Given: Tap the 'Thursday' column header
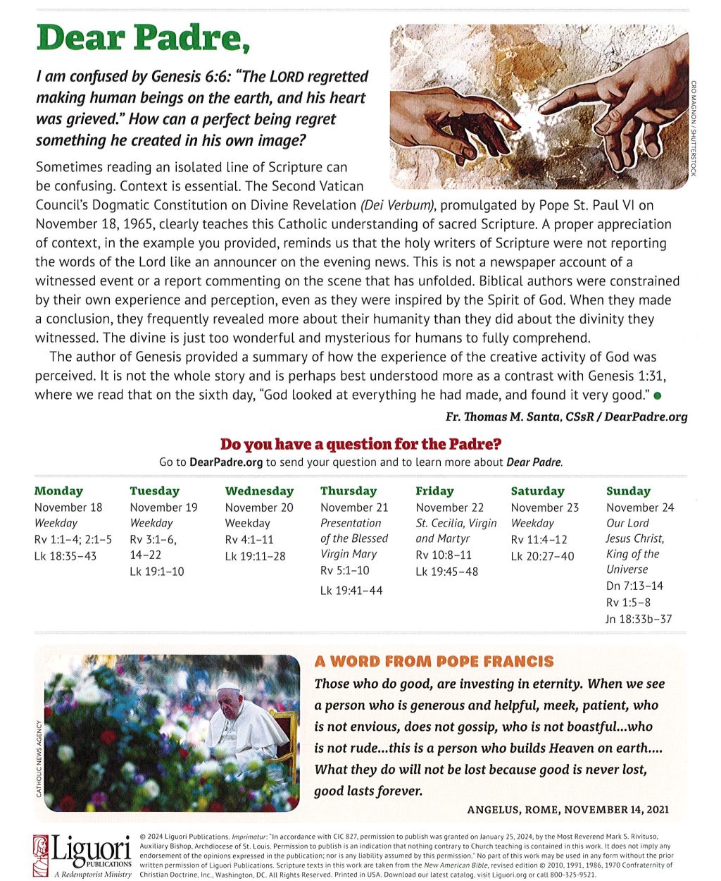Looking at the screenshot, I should click(x=348, y=491).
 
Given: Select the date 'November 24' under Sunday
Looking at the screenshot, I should click(x=639, y=507).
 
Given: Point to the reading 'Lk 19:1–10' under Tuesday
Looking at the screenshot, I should click(x=156, y=572).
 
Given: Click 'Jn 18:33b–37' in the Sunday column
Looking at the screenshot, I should click(x=639, y=620).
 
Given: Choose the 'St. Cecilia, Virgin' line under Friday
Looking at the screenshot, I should click(x=456, y=523).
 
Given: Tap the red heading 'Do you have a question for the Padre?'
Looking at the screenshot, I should click(x=360, y=444).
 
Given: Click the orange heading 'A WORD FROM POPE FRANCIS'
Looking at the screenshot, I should click(x=434, y=662).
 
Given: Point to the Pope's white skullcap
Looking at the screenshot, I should click(x=229, y=685).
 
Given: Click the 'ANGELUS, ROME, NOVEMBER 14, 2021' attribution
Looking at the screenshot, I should click(x=568, y=810).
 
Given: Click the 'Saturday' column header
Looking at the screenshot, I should click(x=537, y=491).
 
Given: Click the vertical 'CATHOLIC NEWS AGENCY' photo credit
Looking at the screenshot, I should click(x=39, y=758).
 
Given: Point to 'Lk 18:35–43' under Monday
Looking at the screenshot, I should click(x=65, y=556).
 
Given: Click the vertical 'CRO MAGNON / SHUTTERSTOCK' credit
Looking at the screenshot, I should click(x=694, y=128).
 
